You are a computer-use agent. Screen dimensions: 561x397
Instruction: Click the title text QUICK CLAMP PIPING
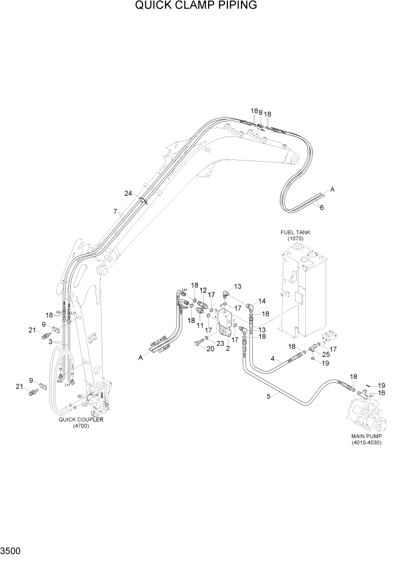click(x=196, y=6)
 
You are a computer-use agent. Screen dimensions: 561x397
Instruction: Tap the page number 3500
click(x=12, y=551)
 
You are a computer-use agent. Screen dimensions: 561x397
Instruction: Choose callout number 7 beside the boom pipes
click(x=115, y=212)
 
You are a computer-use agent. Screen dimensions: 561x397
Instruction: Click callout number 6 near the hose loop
click(x=322, y=208)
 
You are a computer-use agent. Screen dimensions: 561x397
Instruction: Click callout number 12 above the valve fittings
click(x=202, y=291)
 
